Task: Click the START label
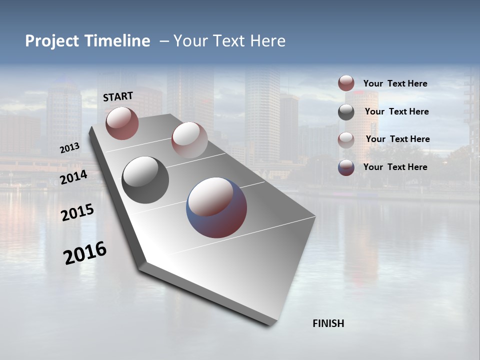[x=118, y=96]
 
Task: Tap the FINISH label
[x=328, y=323]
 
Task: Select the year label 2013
[x=69, y=147]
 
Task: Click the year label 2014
[x=74, y=177]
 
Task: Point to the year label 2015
[x=77, y=212]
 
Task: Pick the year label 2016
[x=85, y=253]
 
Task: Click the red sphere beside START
[x=122, y=123]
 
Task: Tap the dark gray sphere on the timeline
[x=145, y=180]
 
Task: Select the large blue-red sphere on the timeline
[x=216, y=207]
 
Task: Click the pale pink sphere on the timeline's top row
[x=189, y=139]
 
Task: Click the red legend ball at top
[x=346, y=83]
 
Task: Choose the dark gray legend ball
[x=346, y=112]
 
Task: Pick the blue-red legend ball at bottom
[x=346, y=167]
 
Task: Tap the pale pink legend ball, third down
[x=346, y=139]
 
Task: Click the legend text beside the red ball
[x=395, y=83]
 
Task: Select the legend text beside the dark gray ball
[x=396, y=111]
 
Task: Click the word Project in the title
[x=52, y=41]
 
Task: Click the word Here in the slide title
[x=267, y=41]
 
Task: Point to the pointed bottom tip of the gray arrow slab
[x=270, y=324]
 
